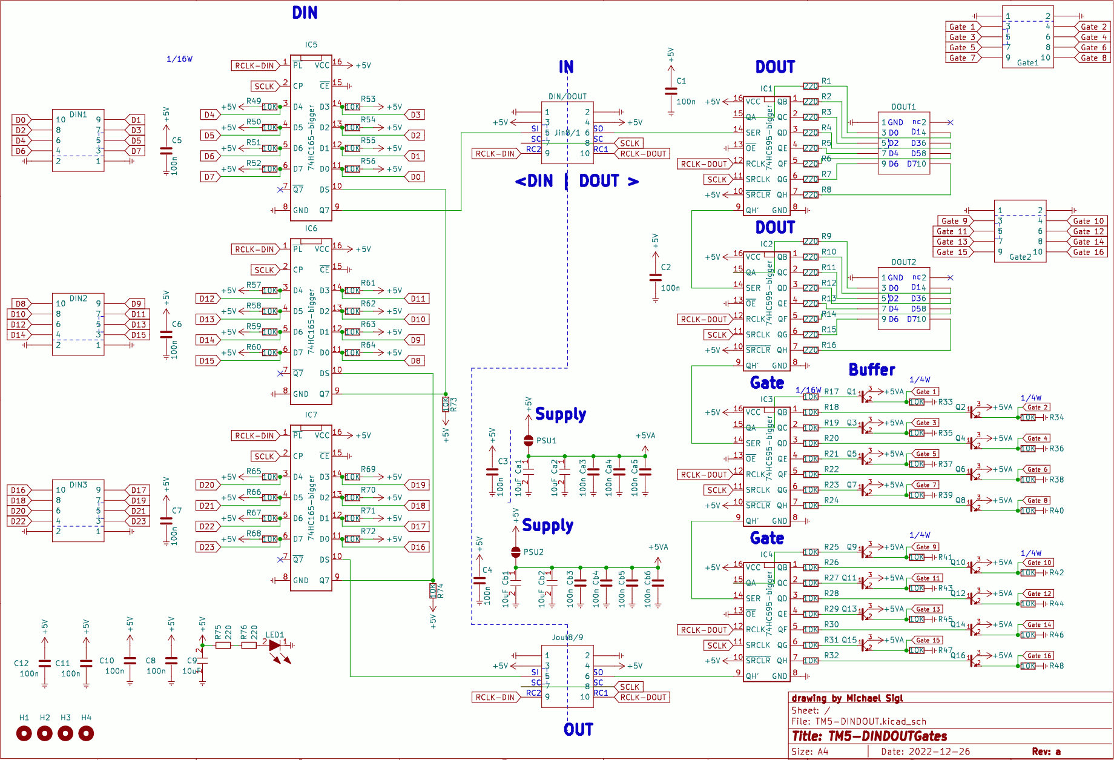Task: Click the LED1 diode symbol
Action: tap(275, 646)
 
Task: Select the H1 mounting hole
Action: tap(24, 733)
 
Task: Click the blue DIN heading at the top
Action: tap(305, 13)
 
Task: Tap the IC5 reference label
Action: tap(311, 45)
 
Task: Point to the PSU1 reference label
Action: tap(546, 441)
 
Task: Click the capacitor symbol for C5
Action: tap(166, 150)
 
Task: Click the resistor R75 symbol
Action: tap(223, 646)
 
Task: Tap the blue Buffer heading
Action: tap(872, 369)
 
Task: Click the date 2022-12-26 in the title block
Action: tap(938, 752)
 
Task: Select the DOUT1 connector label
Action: tap(903, 107)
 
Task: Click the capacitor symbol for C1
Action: tap(671, 91)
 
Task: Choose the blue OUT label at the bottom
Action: tap(578, 730)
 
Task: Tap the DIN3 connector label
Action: tap(78, 485)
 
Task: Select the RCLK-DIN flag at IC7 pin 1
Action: tap(254, 436)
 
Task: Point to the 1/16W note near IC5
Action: tap(179, 59)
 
